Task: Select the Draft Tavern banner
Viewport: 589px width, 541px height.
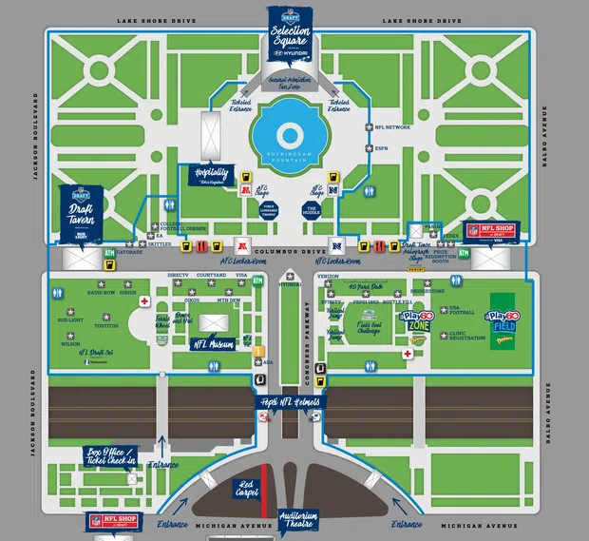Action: (x=81, y=215)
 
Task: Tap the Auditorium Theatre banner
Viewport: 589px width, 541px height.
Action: (x=296, y=519)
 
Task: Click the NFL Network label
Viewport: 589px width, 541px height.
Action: (x=398, y=126)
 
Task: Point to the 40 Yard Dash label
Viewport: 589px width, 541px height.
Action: (x=365, y=286)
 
